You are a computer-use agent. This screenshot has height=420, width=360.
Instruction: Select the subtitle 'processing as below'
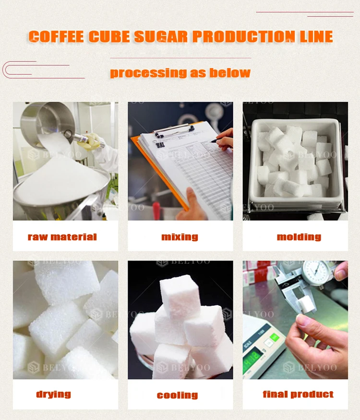(180, 73)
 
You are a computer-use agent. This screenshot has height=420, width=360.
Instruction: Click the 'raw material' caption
(62, 237)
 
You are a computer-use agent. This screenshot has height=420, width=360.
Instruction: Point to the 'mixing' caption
(180, 237)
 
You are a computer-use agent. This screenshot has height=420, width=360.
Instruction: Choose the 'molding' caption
(299, 237)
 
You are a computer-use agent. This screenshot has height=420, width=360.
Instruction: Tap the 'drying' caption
(53, 394)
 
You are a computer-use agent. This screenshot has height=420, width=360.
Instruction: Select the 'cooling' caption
(177, 395)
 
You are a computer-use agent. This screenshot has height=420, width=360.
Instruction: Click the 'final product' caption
(298, 394)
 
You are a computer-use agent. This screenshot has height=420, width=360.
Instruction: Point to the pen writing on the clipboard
(222, 140)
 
